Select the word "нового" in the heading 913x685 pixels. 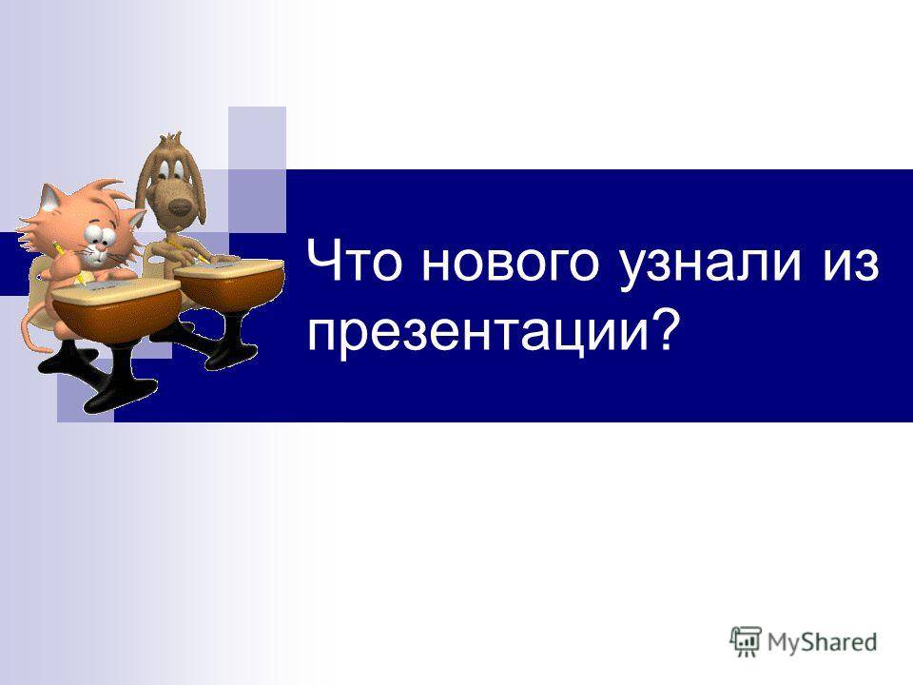(510, 265)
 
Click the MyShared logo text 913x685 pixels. (822, 641)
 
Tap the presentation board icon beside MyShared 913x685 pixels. (746, 641)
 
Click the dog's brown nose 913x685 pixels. (180, 205)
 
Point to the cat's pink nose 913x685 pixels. (100, 248)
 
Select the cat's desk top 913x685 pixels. (116, 289)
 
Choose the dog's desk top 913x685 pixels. (228, 268)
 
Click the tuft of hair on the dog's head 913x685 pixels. (169, 139)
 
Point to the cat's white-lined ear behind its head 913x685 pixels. (50, 197)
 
